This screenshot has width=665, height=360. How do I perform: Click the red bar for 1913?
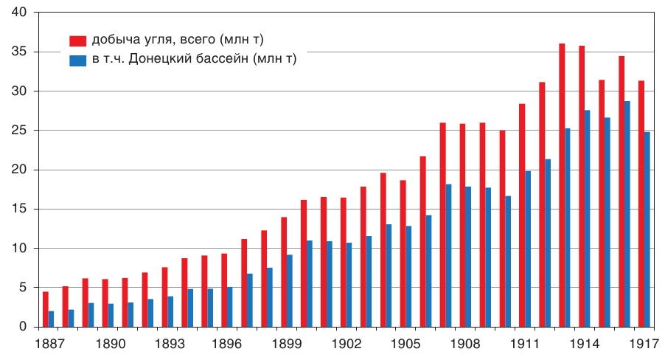(x=562, y=184)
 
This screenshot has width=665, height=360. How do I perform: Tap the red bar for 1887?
(x=45, y=309)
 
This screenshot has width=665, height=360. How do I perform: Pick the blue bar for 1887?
(x=51, y=319)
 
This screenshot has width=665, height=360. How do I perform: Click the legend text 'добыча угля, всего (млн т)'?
(x=176, y=39)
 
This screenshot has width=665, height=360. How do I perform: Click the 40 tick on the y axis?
(x=18, y=13)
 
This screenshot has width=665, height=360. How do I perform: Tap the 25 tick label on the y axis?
(x=18, y=131)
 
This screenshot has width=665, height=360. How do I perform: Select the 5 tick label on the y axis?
(x=22, y=288)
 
